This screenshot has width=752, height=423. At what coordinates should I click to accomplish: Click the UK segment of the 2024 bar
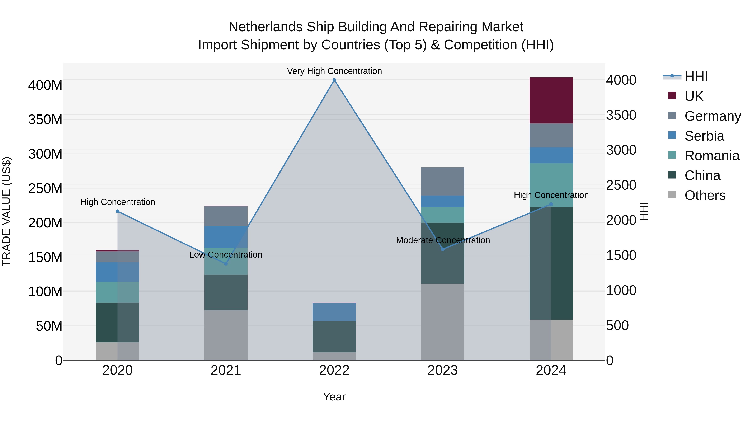pos(551,100)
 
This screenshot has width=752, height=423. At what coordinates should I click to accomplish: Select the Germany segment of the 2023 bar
pos(443,181)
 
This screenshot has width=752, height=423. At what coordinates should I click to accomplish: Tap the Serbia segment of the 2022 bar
pos(334,312)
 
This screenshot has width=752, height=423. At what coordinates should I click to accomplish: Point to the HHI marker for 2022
pos(334,80)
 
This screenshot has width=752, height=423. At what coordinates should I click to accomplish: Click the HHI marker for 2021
pos(226,264)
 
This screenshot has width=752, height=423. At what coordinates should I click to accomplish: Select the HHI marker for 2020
pos(117,211)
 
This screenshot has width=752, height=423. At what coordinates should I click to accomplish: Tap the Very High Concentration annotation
pos(334,71)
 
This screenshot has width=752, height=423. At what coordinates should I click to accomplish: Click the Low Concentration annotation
pos(226,255)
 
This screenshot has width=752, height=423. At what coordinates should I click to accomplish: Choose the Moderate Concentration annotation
pos(443,240)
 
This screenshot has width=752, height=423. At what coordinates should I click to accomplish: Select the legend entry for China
pos(702,175)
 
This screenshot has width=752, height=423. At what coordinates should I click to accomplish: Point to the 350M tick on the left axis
pos(45,120)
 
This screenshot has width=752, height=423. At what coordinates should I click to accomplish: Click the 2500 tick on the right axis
pos(621,185)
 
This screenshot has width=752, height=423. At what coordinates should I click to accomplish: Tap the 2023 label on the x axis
pos(443,370)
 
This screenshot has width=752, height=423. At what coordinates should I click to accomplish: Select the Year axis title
pos(334,397)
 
